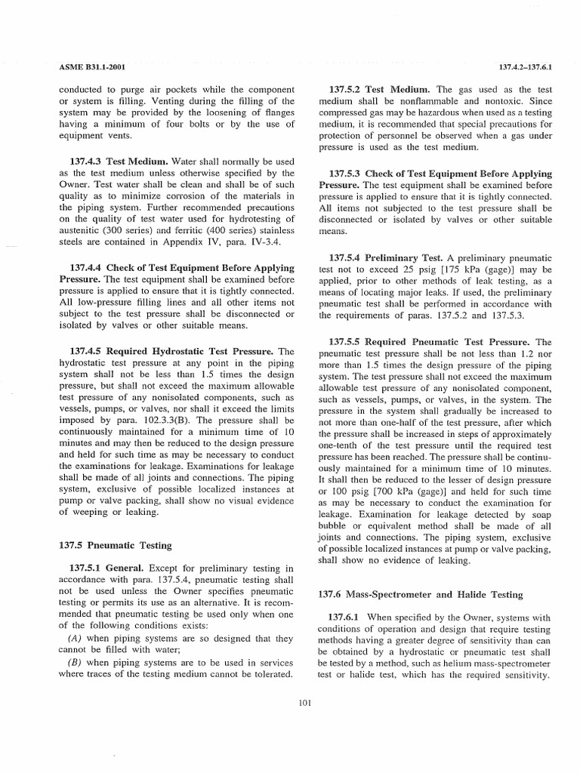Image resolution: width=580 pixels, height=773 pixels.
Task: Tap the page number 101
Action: (x=305, y=704)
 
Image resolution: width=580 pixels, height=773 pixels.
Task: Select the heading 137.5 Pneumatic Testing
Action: (x=115, y=545)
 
